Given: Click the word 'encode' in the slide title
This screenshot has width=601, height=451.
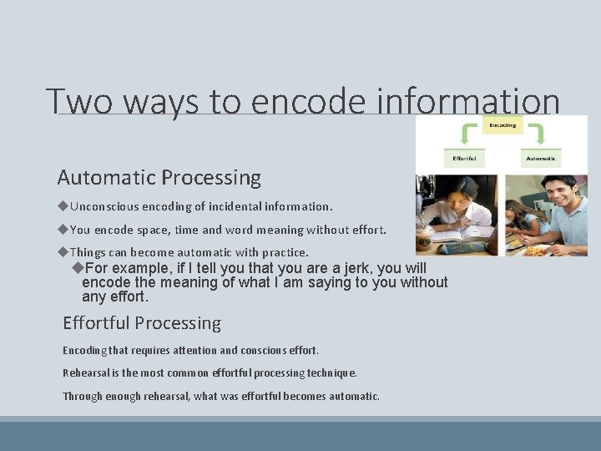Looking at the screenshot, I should coord(307,102).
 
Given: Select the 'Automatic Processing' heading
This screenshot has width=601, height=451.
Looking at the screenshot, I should coord(159,178).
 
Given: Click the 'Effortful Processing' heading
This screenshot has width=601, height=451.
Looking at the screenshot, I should coord(142,323).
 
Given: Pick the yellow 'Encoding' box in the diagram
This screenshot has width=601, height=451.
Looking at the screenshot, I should coord(502,125).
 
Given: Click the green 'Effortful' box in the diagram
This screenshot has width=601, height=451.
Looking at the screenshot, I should coord(465,157).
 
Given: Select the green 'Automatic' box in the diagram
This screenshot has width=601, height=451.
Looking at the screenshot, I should coord(541,157).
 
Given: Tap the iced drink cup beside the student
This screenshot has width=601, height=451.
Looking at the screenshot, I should coord(424,241).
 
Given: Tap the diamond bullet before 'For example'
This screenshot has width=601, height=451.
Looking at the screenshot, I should coord(78,268).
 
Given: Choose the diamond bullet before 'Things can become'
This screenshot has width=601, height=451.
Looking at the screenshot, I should coord(63,252).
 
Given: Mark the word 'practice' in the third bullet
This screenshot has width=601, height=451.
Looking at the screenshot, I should coord(285,252).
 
